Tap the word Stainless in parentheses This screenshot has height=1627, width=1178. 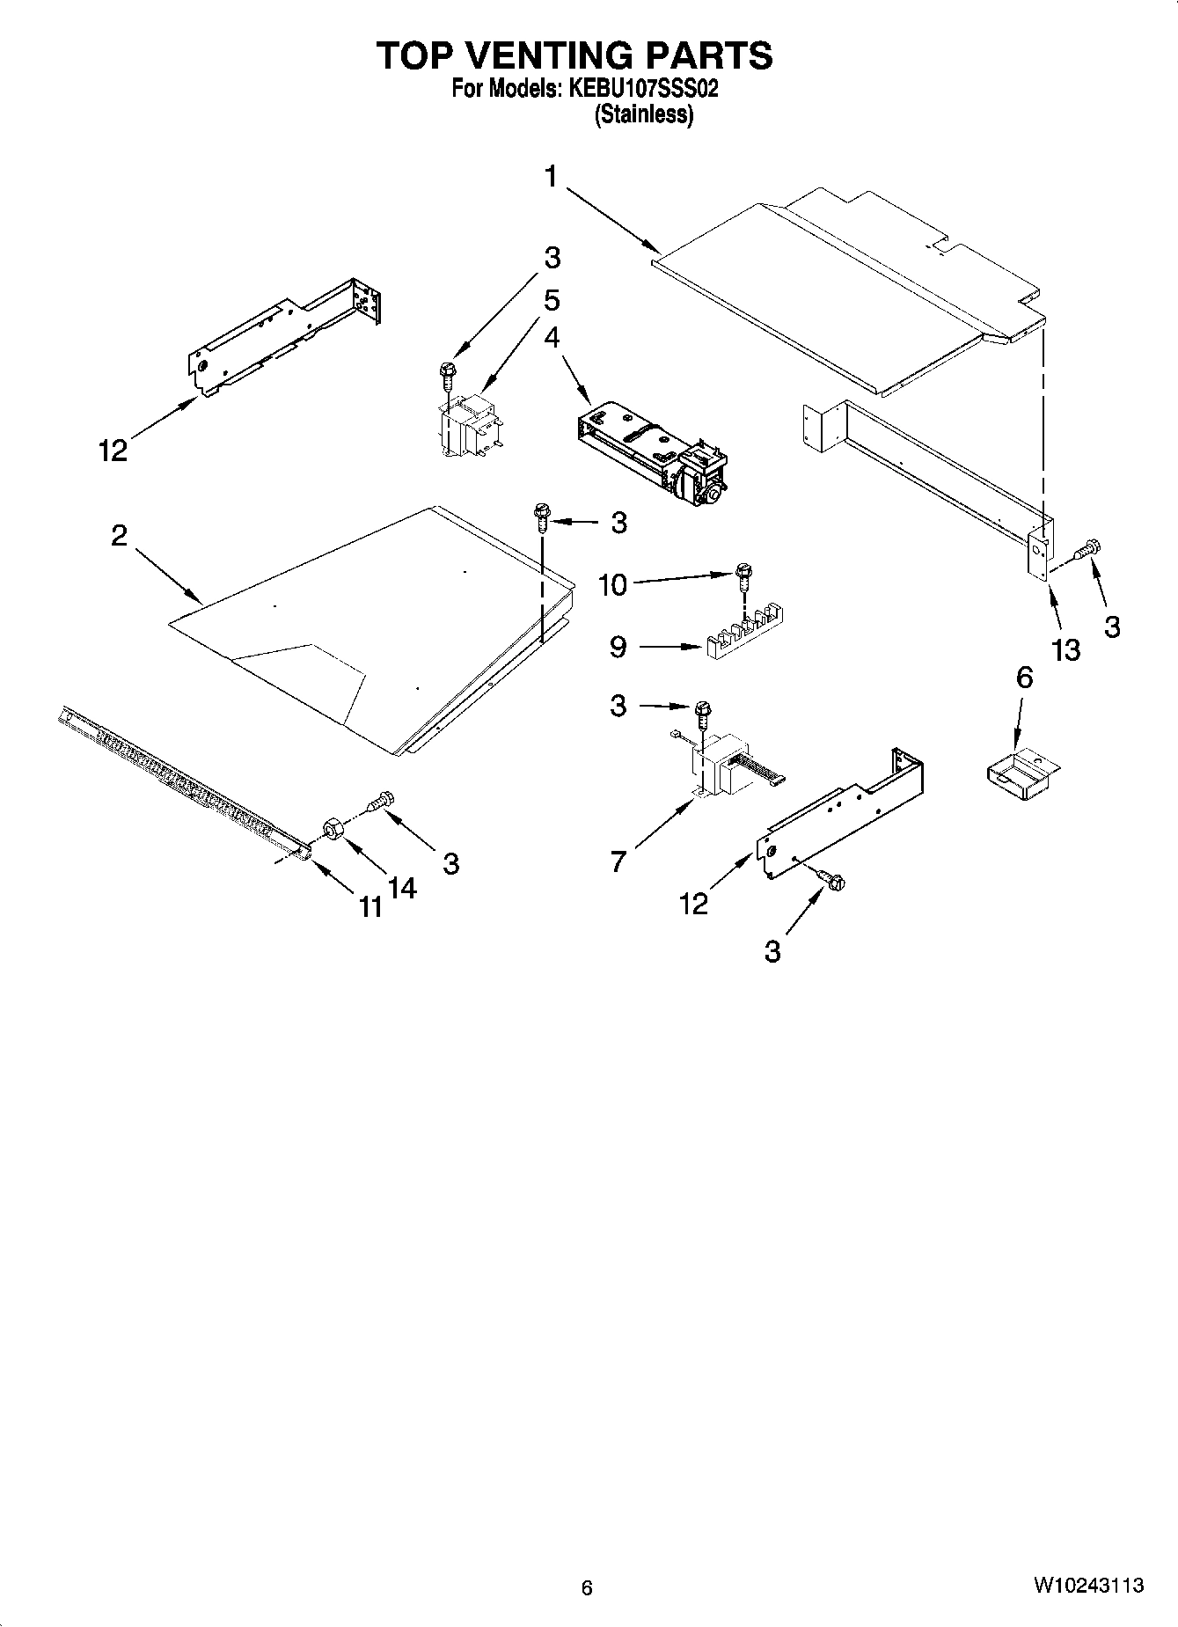pos(643,114)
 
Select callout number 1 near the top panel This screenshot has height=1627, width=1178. pos(551,177)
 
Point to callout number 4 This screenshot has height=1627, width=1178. pos(552,338)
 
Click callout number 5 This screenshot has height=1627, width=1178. pos(552,300)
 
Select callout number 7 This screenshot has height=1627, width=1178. pos(618,861)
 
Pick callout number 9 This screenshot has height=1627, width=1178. pos(618,648)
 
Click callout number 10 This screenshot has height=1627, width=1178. pos(612,584)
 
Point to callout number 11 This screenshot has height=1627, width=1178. pos(371,906)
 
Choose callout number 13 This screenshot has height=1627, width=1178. pos(1065,650)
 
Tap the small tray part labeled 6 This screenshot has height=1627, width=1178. pos(1021,774)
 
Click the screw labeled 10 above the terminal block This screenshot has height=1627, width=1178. pos(744,576)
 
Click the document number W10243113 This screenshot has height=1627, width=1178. pos(1088,1586)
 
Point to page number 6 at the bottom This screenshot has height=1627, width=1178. pos(587,1587)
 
